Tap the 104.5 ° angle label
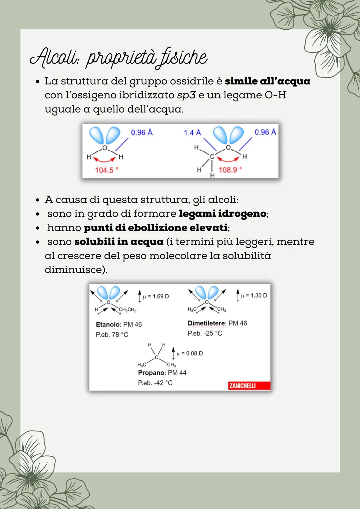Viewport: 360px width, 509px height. [x=106, y=170]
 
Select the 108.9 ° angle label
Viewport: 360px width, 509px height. [x=230, y=170]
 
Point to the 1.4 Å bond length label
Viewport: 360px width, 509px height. [x=192, y=133]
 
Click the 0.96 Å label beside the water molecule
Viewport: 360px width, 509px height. [x=142, y=132]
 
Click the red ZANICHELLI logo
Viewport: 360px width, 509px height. [x=242, y=386]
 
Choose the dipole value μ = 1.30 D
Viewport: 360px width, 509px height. [x=254, y=295]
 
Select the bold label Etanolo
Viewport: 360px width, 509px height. [x=108, y=324]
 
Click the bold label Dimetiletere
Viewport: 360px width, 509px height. [x=207, y=323]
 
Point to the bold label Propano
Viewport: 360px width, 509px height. [x=151, y=373]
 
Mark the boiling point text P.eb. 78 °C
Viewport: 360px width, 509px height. [x=112, y=334]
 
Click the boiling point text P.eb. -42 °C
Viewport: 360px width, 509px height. [x=155, y=383]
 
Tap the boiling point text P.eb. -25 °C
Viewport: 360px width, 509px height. [x=205, y=333]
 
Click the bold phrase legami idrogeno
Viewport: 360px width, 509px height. [x=223, y=214]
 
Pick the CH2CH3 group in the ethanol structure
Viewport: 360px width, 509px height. [x=128, y=310]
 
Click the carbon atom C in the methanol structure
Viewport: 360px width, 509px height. [x=211, y=156]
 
